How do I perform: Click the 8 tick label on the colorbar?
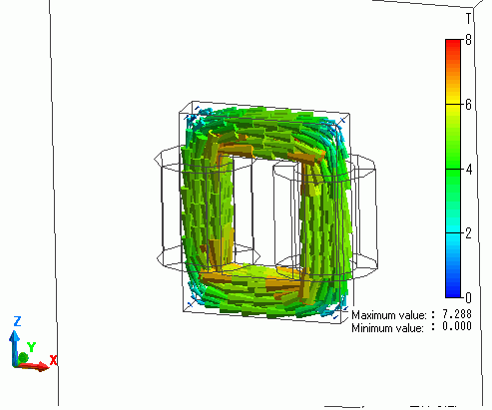click(468, 40)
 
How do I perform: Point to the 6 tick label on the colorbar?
click(468, 105)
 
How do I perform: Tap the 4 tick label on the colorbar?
click(469, 170)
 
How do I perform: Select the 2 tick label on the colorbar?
click(468, 233)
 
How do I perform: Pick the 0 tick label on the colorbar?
click(468, 298)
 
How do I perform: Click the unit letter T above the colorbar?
click(468, 18)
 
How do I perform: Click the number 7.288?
click(457, 314)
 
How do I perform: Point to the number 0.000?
click(457, 326)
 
